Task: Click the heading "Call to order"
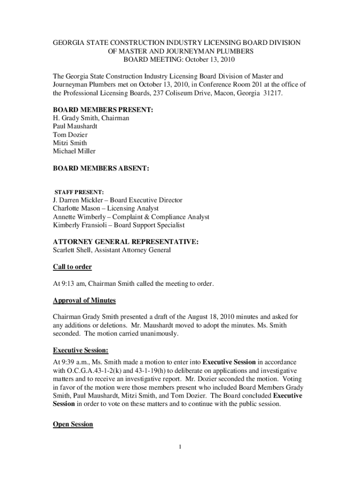[x=72, y=267]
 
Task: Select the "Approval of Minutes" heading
[x=84, y=300]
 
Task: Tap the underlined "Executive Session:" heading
[x=81, y=350]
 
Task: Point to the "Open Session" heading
[x=73, y=424]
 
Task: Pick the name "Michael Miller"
[x=74, y=151]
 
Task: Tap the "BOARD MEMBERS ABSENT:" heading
[x=101, y=167]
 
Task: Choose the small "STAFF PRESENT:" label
[x=79, y=192]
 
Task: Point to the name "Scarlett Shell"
[x=71, y=250]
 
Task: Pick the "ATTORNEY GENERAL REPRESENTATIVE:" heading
[x=126, y=242]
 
